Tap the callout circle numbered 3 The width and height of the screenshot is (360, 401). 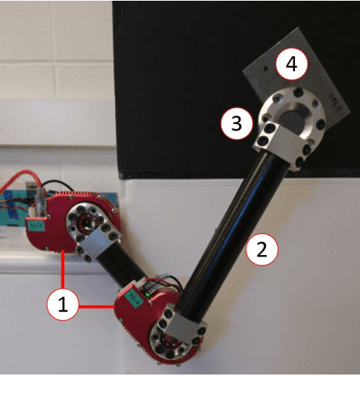[x=236, y=123]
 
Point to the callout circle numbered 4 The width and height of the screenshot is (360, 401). [x=292, y=66]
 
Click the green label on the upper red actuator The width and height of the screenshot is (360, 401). [x=36, y=225]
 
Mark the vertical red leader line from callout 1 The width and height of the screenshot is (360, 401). [x=61, y=274]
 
